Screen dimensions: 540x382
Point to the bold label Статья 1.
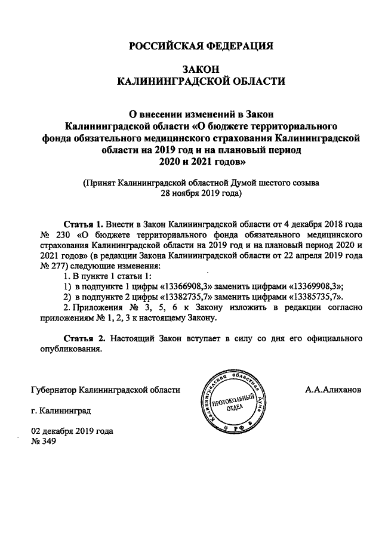pyautogui.click(x=82, y=225)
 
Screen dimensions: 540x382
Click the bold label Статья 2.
pyautogui.click(x=83, y=338)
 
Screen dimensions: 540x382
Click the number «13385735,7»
pyautogui.click(x=314, y=297)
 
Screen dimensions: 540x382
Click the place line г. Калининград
pyautogui.click(x=61, y=412)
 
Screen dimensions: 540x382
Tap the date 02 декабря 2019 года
pyautogui.click(x=72, y=431)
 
